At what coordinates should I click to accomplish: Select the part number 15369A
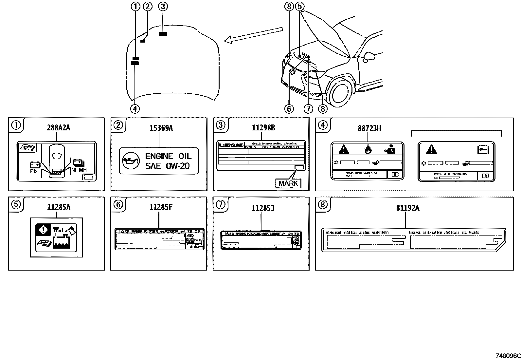pos(161,128)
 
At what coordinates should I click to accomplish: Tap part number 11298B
pos(263,128)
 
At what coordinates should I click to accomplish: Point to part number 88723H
pos(369,128)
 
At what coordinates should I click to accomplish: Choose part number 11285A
pos(58,207)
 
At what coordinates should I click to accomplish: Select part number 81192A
pos(407,208)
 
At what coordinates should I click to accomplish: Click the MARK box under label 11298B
pos(288,183)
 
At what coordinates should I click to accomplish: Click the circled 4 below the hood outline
pos(135,109)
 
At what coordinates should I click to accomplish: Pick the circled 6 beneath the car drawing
pos(289,109)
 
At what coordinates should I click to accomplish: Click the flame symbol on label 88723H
pos(368,149)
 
